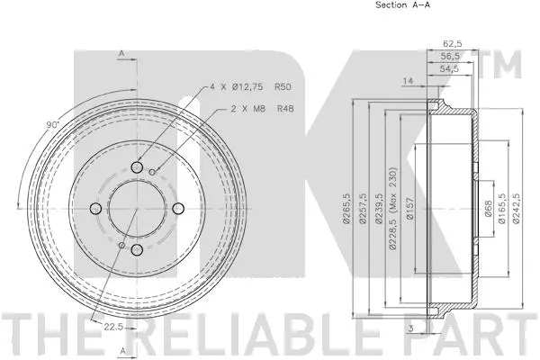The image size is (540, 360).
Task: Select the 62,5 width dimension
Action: click(x=452, y=42)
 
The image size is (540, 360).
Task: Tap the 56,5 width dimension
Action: click(x=452, y=54)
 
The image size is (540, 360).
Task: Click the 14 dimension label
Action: click(x=408, y=81)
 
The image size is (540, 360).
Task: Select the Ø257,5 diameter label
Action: click(x=362, y=208)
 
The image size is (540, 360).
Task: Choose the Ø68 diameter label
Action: click(x=487, y=209)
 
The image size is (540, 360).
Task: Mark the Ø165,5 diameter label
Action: click(x=501, y=208)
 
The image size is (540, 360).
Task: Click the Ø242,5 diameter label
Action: click(x=517, y=208)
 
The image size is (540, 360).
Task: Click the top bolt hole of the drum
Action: click(x=136, y=166)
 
